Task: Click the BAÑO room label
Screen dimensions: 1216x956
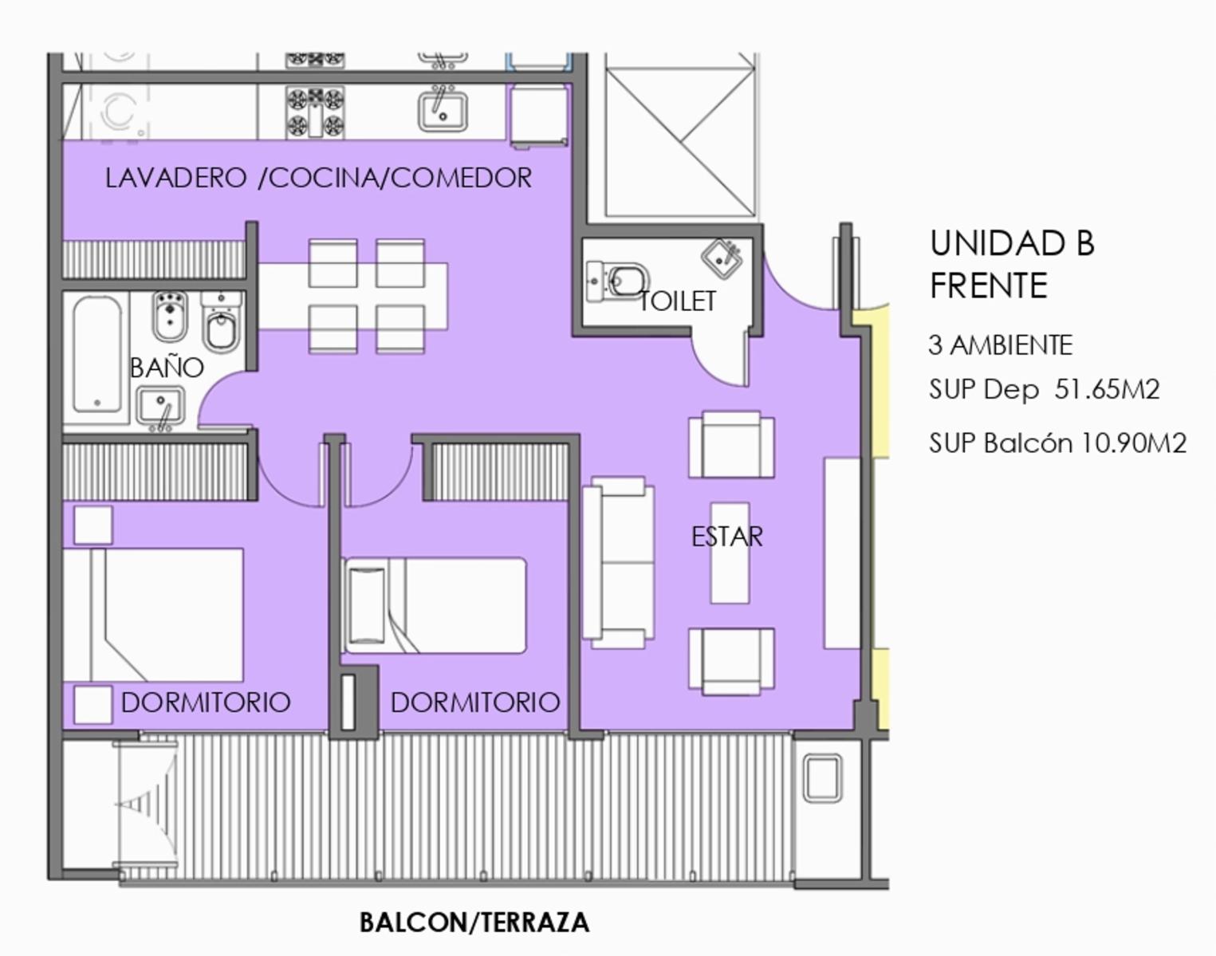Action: coord(167,368)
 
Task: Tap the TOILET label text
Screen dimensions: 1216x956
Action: coord(678,301)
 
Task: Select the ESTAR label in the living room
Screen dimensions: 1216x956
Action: coord(726,536)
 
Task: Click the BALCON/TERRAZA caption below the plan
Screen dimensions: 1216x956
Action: coord(474,923)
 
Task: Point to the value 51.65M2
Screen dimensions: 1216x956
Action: coord(1107,389)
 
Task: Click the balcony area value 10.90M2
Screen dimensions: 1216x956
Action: coord(1133,443)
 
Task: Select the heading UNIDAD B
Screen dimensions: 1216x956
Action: coord(1012,243)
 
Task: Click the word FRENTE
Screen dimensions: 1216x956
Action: coord(988,285)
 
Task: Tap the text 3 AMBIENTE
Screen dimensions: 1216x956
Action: coord(1000,345)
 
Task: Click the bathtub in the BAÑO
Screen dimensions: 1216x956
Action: coord(96,354)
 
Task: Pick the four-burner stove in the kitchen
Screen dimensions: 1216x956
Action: coord(315,112)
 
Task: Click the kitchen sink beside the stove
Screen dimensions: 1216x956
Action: coord(443,112)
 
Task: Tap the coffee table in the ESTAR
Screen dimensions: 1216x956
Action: coord(730,553)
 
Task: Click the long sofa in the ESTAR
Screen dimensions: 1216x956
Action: coord(619,563)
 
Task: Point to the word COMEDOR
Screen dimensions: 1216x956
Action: coord(461,178)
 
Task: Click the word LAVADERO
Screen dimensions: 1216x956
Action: coord(175,178)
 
